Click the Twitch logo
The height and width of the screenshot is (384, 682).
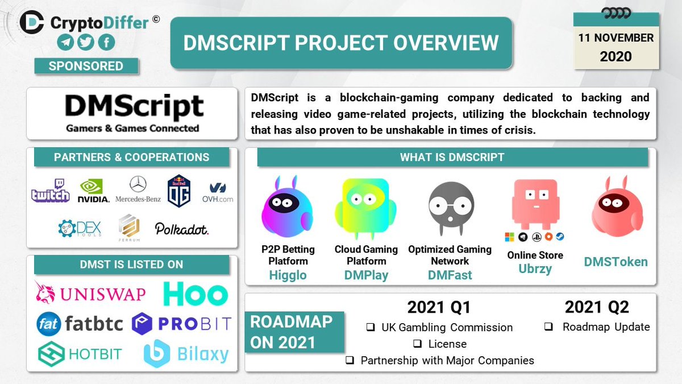(x=51, y=191)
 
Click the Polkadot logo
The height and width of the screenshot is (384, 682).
(x=182, y=229)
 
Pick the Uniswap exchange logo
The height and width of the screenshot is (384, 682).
(x=90, y=293)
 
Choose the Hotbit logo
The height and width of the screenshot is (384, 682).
(x=80, y=353)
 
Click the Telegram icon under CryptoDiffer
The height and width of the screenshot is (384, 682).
(x=65, y=43)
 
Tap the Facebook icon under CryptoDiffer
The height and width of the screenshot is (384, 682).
(x=106, y=43)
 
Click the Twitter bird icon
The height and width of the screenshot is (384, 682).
(x=86, y=43)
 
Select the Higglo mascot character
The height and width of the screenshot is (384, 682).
(x=287, y=207)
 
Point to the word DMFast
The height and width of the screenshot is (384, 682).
(x=450, y=275)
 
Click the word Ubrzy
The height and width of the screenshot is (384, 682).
(x=535, y=269)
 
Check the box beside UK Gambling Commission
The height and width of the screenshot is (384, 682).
(x=370, y=328)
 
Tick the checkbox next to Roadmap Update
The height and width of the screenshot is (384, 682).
(x=549, y=327)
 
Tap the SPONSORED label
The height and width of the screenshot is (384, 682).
(x=86, y=66)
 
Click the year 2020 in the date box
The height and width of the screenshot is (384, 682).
(x=616, y=56)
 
